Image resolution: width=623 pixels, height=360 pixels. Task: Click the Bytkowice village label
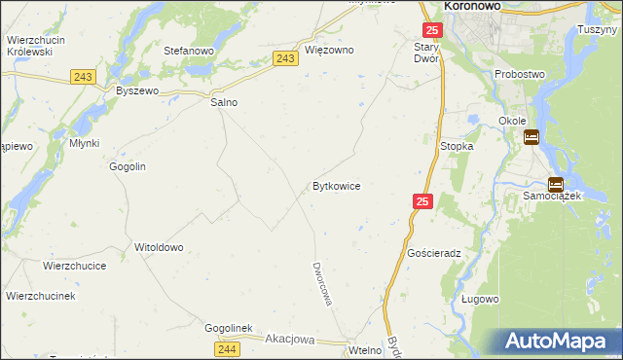click(337, 185)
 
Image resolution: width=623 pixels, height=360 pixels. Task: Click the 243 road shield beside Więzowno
click(285, 59)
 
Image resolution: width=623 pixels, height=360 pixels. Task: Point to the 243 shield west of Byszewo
click(82, 76)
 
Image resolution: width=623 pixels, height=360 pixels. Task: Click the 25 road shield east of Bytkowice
click(422, 201)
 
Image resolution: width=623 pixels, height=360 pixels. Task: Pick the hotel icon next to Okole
click(531, 138)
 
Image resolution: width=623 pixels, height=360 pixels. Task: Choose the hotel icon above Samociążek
click(555, 184)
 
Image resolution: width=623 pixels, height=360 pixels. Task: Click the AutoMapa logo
click(561, 341)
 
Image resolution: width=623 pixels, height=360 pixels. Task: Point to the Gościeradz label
click(434, 252)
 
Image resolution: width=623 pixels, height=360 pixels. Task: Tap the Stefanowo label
click(189, 50)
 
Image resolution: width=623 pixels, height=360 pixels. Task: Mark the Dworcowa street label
click(323, 283)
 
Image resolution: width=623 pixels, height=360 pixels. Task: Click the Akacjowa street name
click(290, 340)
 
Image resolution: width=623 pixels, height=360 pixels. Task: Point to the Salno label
click(225, 101)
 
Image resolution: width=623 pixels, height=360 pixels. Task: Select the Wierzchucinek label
click(41, 295)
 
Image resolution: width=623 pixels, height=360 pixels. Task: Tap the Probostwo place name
click(520, 74)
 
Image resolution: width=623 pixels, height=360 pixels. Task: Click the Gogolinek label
click(228, 328)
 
